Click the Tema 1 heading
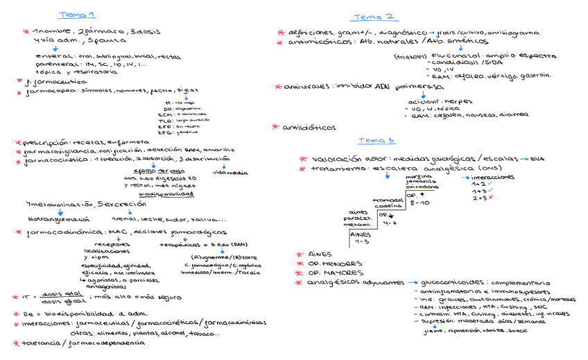pos(78,15)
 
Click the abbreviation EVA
pos(537,159)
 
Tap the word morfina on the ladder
pos(417,177)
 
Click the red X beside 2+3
pos(492,198)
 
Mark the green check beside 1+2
pos(491,183)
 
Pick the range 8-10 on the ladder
pos(420,203)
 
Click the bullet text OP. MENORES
pos(334,264)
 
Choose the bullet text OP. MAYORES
pos(334,273)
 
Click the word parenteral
pos(52,64)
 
